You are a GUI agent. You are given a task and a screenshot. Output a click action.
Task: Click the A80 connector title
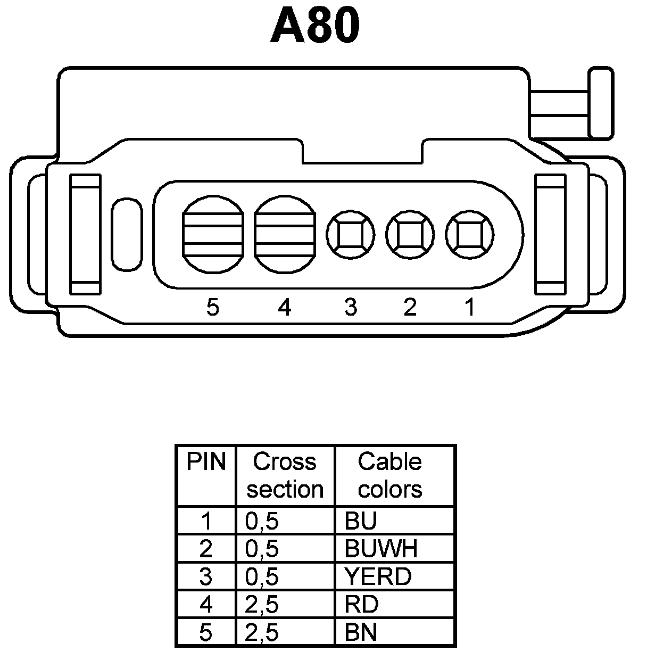(315, 26)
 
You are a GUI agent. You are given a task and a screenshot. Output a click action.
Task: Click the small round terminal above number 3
(351, 235)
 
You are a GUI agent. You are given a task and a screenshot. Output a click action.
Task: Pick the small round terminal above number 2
(410, 235)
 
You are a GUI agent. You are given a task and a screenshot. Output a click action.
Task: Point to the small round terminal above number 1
(470, 235)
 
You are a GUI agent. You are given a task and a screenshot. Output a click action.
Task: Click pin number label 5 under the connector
(213, 307)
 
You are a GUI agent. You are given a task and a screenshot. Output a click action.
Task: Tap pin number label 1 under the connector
(470, 307)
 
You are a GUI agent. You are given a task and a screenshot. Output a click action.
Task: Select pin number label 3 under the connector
(351, 307)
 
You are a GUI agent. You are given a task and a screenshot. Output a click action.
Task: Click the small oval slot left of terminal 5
(127, 234)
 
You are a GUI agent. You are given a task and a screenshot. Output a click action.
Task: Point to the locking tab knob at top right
(601, 103)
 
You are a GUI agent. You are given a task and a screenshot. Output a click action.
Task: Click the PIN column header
(206, 462)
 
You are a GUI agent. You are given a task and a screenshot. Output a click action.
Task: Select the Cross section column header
(285, 475)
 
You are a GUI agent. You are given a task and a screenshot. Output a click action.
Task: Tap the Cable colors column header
(390, 475)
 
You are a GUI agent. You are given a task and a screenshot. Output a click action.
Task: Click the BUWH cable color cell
(381, 549)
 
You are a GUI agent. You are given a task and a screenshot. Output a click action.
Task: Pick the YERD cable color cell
(378, 576)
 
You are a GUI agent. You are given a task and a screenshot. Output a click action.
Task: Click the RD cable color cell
(361, 605)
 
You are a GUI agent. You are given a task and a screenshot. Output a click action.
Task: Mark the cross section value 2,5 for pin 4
(262, 605)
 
